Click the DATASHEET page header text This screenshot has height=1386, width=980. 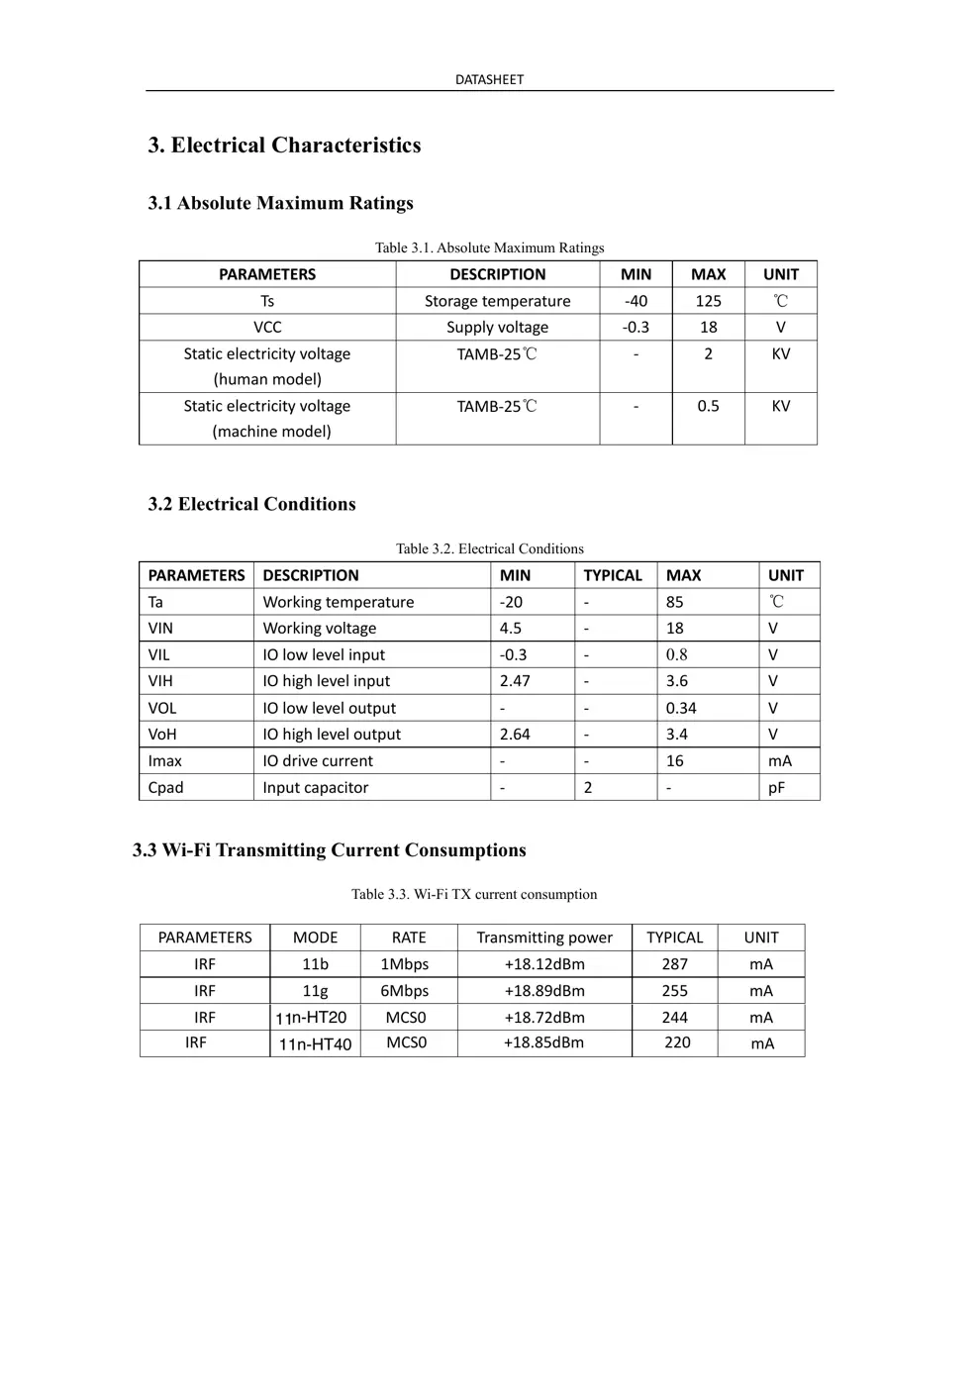489,79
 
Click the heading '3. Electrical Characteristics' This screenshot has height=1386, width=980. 284,146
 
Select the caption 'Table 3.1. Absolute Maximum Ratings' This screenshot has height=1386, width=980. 489,247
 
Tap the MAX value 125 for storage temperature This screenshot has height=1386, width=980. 708,301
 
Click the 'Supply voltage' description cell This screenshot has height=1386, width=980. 497,327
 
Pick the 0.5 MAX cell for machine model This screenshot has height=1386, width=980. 708,406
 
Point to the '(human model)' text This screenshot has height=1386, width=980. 267,379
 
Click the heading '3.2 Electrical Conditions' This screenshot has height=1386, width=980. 251,504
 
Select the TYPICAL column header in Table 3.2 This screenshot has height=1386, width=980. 613,575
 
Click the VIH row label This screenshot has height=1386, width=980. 160,681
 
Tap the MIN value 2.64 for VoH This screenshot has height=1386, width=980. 515,735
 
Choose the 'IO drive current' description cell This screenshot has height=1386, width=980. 318,761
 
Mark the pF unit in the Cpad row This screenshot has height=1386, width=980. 777,788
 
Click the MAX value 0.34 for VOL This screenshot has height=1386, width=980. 681,708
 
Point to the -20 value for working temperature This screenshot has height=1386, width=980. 511,602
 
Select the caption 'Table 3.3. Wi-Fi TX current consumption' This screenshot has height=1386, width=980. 474,894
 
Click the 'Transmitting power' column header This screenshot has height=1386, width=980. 544,938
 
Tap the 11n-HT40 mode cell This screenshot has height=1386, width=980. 315,1043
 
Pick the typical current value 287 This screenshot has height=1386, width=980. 675,964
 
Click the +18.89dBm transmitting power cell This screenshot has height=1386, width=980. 544,991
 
